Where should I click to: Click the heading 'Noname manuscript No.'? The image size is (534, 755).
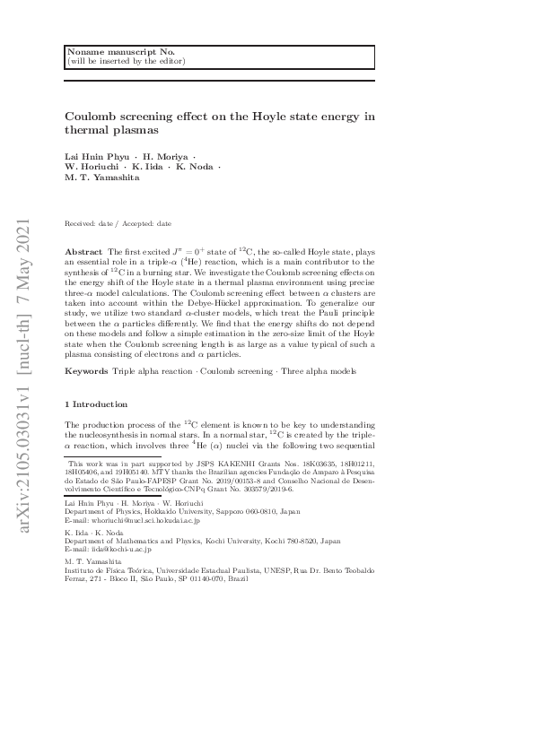[107, 51]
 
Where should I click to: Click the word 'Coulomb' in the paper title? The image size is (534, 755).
[90, 117]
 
